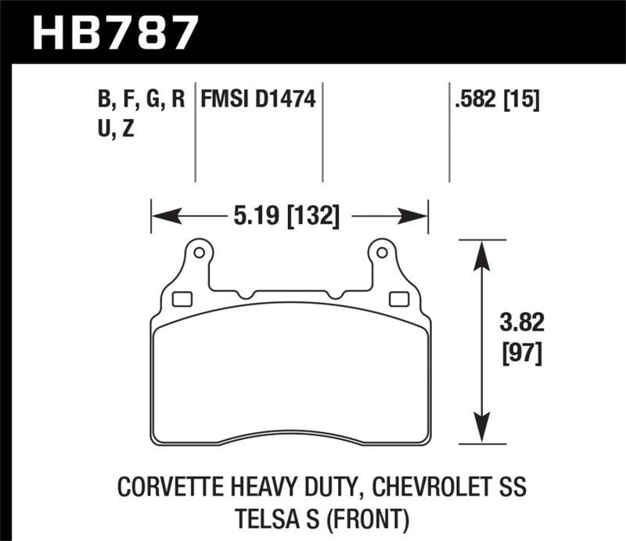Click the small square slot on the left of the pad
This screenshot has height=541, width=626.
[181, 298]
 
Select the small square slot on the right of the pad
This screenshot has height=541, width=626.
[398, 298]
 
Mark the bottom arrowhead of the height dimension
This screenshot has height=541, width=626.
[480, 435]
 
